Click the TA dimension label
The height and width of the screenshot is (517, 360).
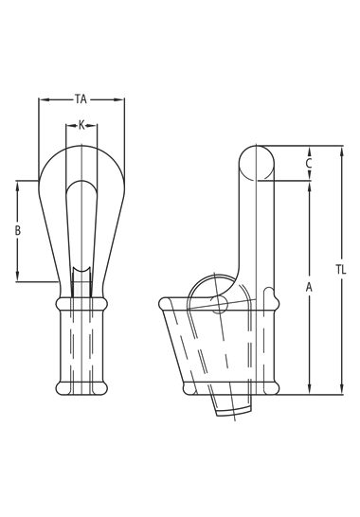point(81,98)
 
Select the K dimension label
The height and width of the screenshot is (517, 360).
point(81,125)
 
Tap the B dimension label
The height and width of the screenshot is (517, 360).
point(18,230)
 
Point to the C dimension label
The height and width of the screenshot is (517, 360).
point(309,163)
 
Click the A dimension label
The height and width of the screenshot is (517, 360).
point(309,287)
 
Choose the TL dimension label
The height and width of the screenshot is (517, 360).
point(341,270)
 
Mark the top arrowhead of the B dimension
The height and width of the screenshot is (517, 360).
point(18,186)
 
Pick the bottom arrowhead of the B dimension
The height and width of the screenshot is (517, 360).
point(18,276)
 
